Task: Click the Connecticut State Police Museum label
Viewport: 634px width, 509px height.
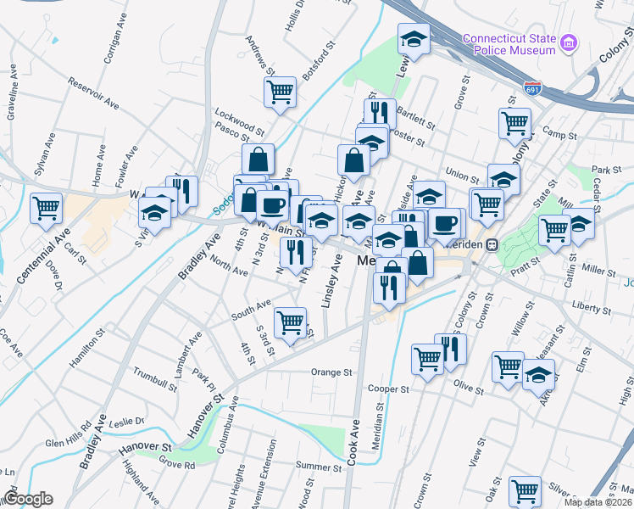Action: [509, 44]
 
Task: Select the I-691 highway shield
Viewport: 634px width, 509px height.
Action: [532, 87]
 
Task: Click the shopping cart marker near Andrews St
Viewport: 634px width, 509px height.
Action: [280, 91]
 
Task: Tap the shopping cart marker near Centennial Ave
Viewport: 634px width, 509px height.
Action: [47, 207]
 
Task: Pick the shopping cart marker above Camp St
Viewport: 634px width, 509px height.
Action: [514, 122]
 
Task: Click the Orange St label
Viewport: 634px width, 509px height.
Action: [331, 372]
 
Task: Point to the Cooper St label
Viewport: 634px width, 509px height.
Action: [388, 389]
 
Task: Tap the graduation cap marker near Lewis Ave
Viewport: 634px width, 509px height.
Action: [414, 37]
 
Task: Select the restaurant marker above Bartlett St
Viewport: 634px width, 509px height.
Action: [380, 112]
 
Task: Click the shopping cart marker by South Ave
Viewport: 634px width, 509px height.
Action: [291, 322]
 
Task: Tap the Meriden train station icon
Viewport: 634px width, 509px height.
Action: [502, 244]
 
